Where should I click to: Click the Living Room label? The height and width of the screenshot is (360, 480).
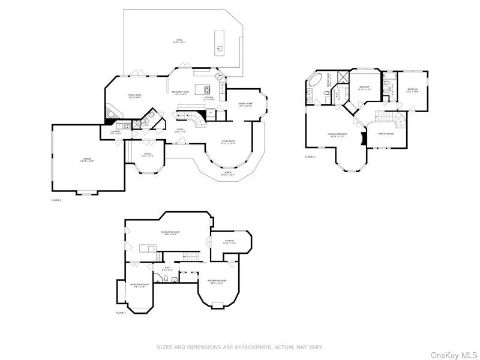point(228,142)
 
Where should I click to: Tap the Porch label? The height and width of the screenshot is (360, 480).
point(228,173)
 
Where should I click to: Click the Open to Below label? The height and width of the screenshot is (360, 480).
point(385,134)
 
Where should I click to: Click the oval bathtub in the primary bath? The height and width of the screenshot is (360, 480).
point(316,80)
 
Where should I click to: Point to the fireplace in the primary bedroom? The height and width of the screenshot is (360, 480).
point(362,139)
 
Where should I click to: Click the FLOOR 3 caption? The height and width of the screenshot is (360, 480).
point(310,157)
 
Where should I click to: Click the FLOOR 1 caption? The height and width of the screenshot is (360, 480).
point(121,313)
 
